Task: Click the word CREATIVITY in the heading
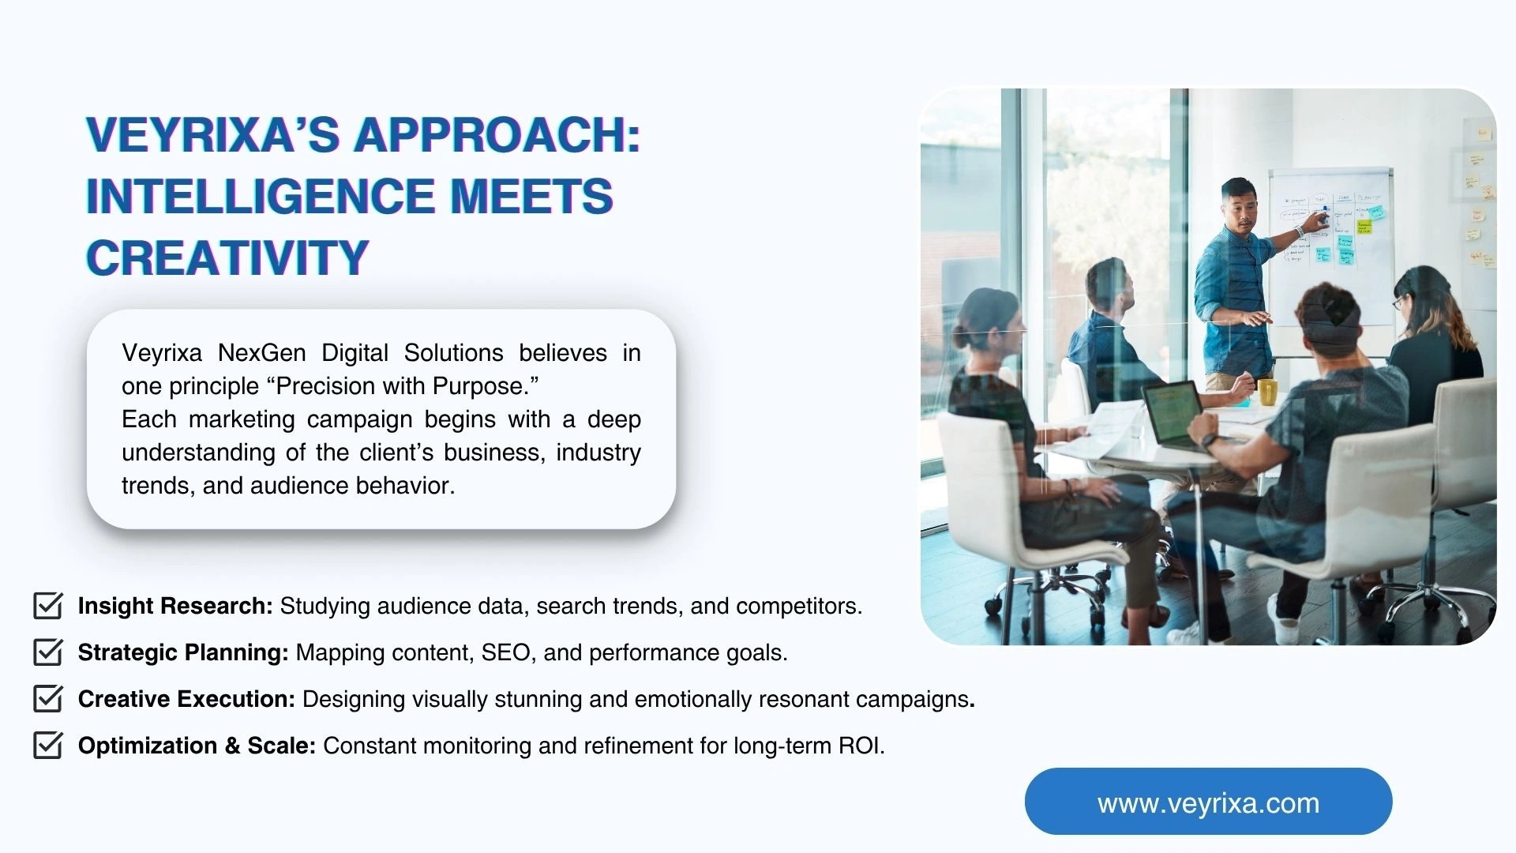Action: click(x=227, y=257)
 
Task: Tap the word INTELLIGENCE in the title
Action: click(x=260, y=196)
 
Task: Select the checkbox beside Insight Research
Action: click(x=48, y=606)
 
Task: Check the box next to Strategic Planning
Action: click(x=48, y=652)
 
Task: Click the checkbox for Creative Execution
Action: click(x=48, y=699)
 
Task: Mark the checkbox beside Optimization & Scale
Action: click(x=48, y=746)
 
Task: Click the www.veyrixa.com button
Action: click(x=1208, y=802)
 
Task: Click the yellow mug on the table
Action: click(x=1267, y=391)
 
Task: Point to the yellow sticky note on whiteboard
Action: click(x=1364, y=227)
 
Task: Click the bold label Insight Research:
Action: click(x=175, y=606)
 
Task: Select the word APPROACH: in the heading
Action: click(x=497, y=134)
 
